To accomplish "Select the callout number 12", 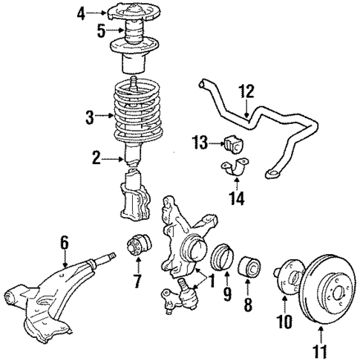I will (246, 91).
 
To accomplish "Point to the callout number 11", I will (320, 353).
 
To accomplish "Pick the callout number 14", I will (237, 198).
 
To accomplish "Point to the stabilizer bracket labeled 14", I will (235, 170).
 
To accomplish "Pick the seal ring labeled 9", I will (223, 261).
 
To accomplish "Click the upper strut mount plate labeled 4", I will (136, 13).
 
